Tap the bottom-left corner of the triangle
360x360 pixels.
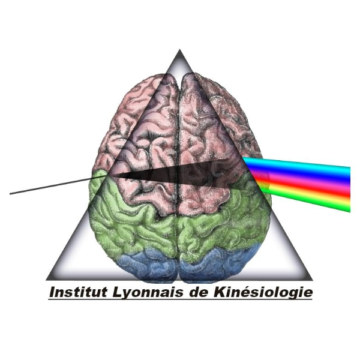point(47,280)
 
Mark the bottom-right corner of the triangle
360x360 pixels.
point(313,280)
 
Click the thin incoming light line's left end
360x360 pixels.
point(11,194)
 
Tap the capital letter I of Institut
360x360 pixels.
point(51,293)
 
